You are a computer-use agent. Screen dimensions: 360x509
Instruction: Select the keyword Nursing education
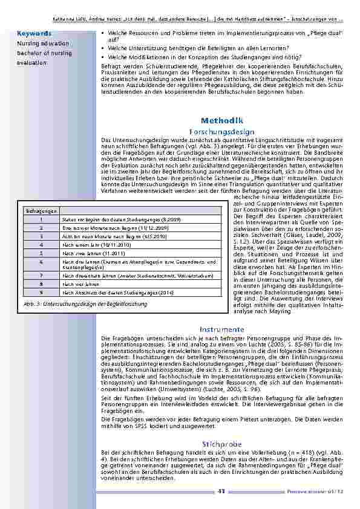click(x=42, y=44)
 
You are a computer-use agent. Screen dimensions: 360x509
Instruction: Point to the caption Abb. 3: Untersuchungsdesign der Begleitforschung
click(x=83, y=302)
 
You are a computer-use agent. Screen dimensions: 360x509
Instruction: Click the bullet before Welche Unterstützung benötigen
click(x=104, y=47)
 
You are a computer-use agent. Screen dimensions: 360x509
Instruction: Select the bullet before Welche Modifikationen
click(x=104, y=56)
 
